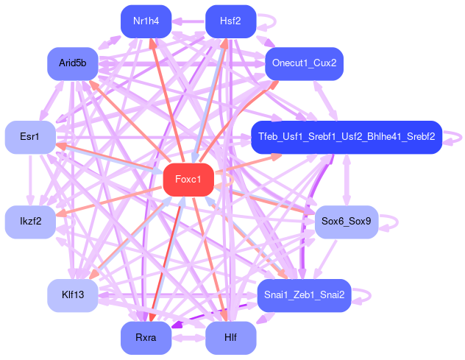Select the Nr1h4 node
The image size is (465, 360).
click(x=146, y=21)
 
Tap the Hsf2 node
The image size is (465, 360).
click(x=230, y=21)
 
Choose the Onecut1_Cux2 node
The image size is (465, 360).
click(x=304, y=63)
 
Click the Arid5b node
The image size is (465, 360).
click(x=73, y=63)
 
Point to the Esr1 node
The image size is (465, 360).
click(x=30, y=138)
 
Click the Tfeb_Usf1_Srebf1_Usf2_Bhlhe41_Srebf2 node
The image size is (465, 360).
click(x=346, y=138)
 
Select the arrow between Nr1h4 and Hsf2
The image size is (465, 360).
click(x=188, y=21)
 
